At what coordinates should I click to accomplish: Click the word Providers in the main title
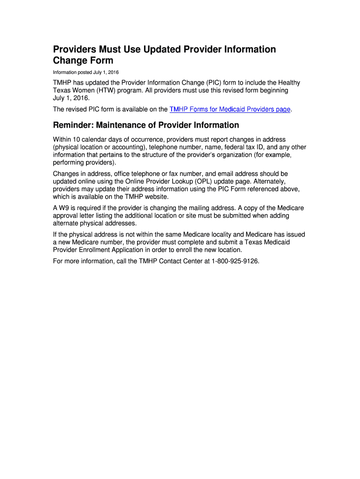75,50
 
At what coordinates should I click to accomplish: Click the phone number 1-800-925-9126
235,261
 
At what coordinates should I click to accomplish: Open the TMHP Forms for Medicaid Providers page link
230,109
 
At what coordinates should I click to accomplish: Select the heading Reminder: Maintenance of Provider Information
146,125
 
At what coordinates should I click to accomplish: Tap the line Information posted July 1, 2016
86,73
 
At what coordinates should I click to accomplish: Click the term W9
65,208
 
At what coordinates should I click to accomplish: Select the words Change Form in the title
83,61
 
